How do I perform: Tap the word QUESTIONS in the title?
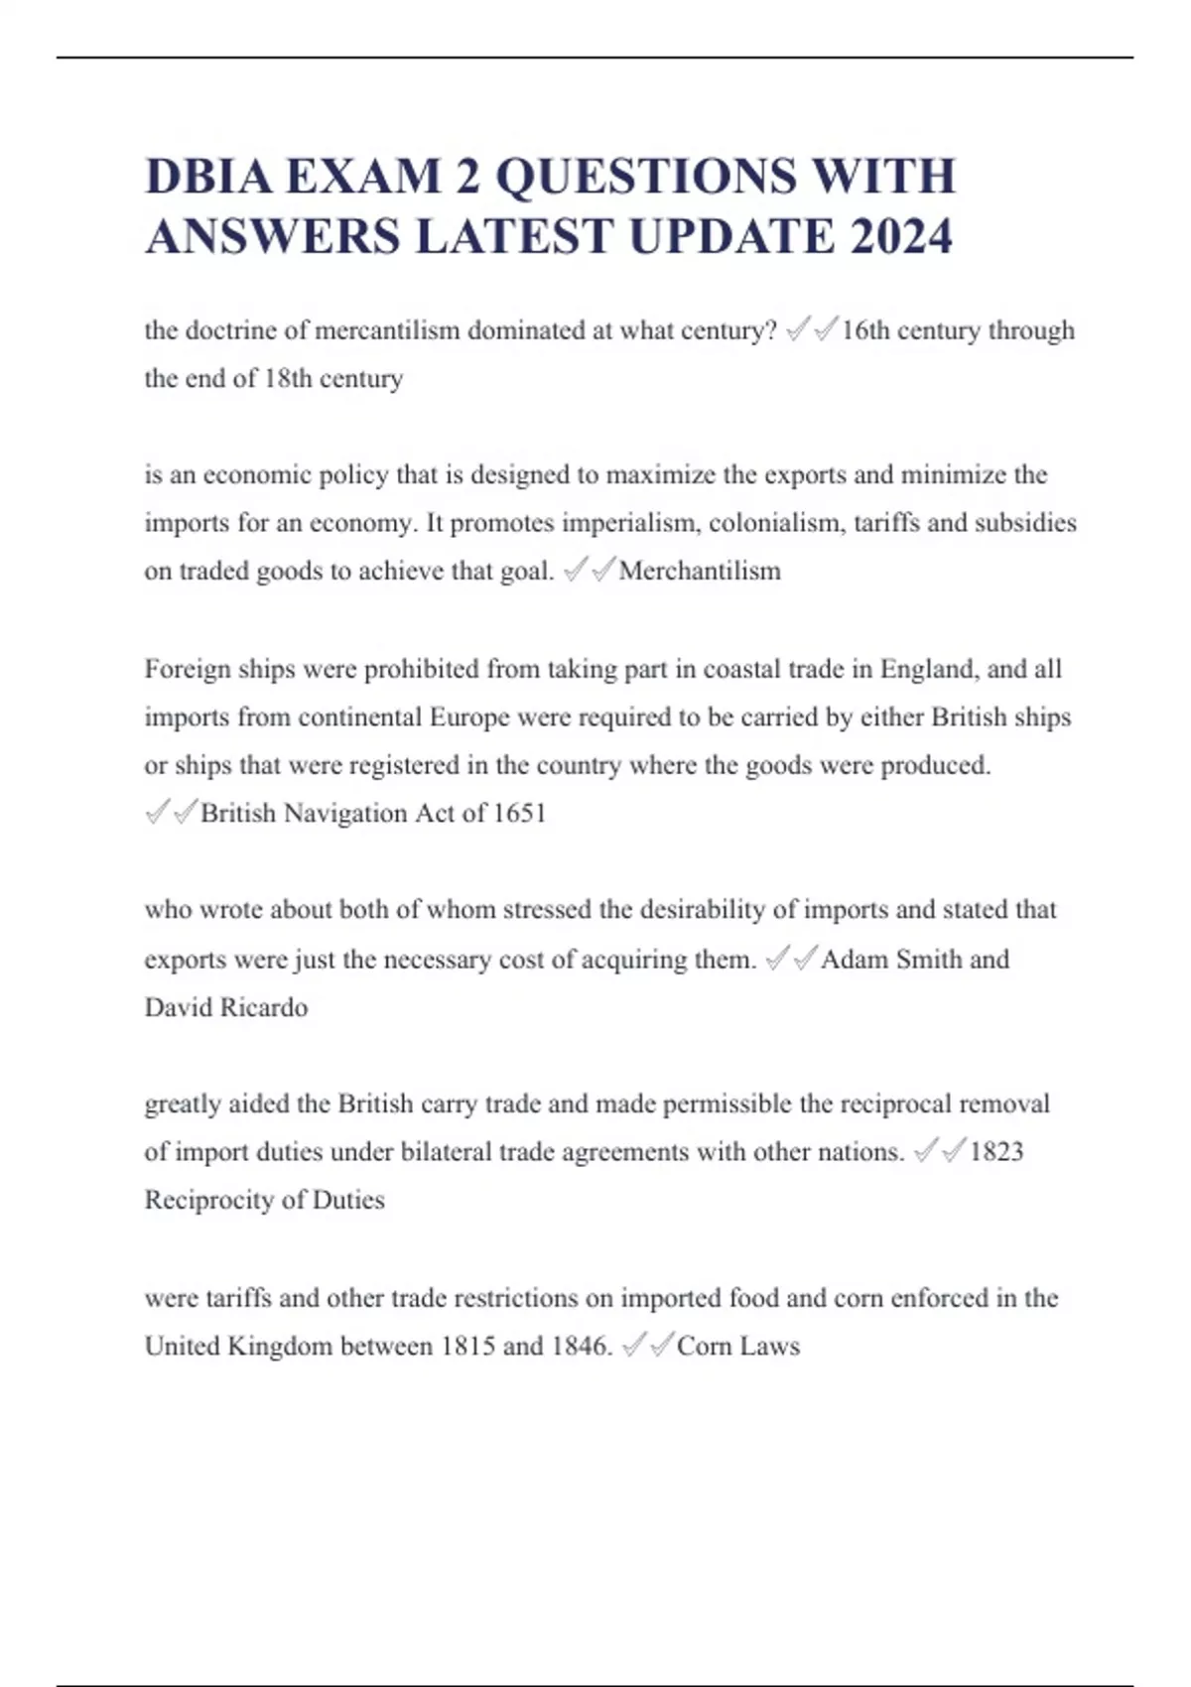(x=645, y=177)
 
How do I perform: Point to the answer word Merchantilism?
(x=700, y=571)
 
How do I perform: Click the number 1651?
(x=519, y=813)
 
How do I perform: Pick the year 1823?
(x=996, y=1151)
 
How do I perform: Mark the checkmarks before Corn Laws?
(x=648, y=1346)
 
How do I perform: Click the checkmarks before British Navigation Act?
(x=172, y=813)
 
